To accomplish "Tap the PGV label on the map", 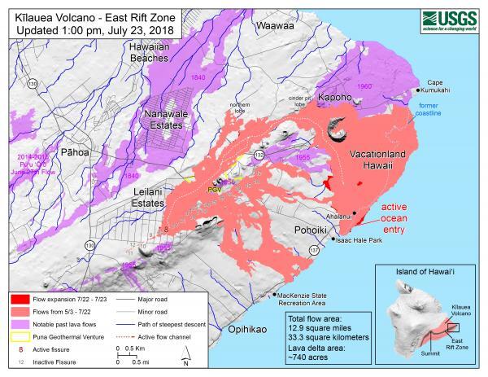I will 215,190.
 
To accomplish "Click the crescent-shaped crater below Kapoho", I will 337,129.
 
